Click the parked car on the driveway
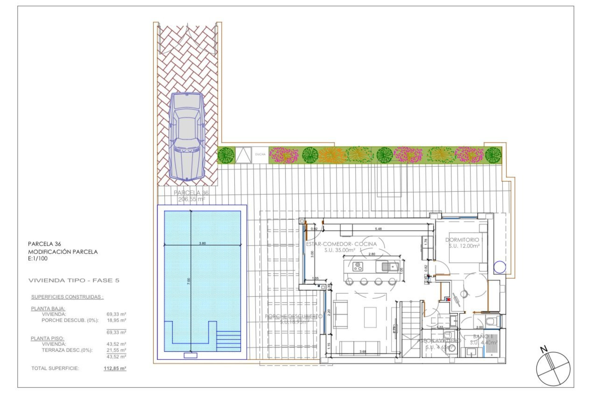(187, 137)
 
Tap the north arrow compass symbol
(553, 368)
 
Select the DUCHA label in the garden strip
(260, 154)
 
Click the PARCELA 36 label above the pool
(191, 193)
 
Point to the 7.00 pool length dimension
(189, 281)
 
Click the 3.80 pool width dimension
(202, 243)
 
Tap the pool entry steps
(228, 341)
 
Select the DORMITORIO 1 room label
(464, 240)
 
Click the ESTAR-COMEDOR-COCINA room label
(341, 244)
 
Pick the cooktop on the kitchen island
(358, 266)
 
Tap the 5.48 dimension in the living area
(378, 229)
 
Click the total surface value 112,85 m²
(115, 368)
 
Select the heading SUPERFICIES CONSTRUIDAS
(67, 297)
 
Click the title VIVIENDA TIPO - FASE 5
(74, 280)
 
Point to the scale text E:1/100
(38, 259)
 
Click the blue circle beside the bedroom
(499, 267)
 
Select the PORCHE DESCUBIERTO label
(293, 316)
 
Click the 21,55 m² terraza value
(116, 350)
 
